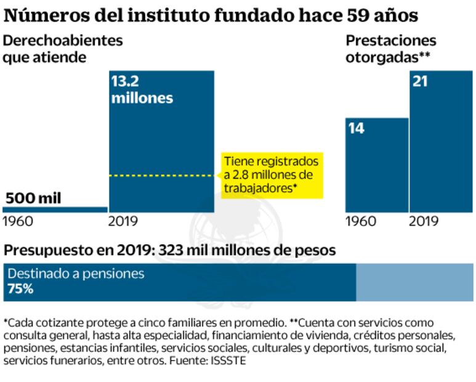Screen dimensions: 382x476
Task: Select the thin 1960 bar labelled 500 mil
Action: click(x=55, y=209)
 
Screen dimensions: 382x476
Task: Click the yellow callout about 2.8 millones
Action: click(x=272, y=175)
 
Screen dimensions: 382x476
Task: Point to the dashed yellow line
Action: click(x=163, y=176)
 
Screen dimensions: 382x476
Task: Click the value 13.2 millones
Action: click(x=142, y=90)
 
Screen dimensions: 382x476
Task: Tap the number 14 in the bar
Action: click(x=357, y=129)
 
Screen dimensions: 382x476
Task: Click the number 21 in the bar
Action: click(x=421, y=81)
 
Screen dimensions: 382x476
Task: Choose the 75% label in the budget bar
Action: click(x=20, y=288)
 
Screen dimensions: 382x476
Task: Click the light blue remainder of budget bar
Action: click(x=414, y=282)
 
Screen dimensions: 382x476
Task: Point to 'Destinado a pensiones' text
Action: click(x=76, y=274)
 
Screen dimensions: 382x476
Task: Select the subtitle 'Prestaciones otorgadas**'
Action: click(x=390, y=49)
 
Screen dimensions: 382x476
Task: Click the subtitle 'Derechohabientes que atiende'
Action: click(x=63, y=49)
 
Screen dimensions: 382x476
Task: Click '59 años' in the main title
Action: click(x=381, y=14)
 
